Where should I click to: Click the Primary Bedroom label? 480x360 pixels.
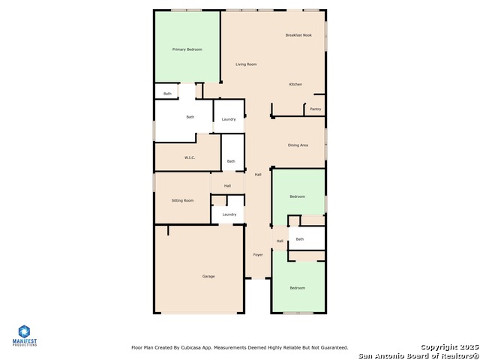click(187, 49)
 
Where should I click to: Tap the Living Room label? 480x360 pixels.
click(246, 64)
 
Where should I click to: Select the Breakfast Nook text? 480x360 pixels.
click(298, 35)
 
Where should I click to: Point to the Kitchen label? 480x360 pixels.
click(295, 84)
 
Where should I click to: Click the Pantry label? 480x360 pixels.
click(316, 109)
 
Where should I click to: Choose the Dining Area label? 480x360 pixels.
click(298, 145)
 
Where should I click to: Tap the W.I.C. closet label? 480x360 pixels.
click(190, 157)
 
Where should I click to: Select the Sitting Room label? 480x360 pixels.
click(182, 200)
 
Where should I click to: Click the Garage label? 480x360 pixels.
click(208, 277)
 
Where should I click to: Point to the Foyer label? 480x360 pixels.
click(258, 255)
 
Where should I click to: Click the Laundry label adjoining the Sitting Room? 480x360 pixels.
click(229, 214)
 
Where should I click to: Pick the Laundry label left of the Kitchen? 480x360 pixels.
click(229, 119)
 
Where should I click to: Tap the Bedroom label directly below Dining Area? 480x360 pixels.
click(298, 196)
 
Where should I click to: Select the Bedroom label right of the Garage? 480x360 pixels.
click(298, 288)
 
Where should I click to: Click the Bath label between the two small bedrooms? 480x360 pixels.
click(300, 239)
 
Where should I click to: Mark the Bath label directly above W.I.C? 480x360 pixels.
click(190, 117)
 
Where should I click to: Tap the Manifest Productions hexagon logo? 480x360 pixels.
click(24, 331)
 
